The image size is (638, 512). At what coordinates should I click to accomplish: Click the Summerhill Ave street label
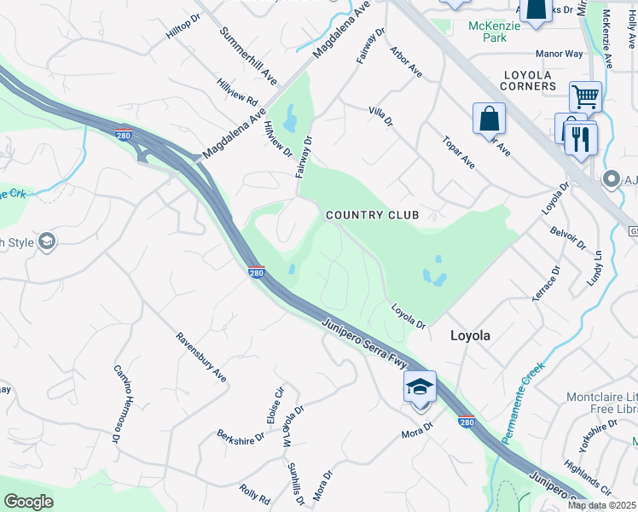[247, 49]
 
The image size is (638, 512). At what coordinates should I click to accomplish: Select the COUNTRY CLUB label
[373, 215]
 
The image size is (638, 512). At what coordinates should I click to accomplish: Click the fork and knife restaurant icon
[581, 138]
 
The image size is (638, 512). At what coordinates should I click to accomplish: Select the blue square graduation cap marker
[420, 387]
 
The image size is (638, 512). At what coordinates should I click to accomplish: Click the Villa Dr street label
[380, 117]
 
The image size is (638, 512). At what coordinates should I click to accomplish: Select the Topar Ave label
[458, 149]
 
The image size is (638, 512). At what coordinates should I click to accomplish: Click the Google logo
[29, 502]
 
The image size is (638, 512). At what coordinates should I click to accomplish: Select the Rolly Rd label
[255, 493]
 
